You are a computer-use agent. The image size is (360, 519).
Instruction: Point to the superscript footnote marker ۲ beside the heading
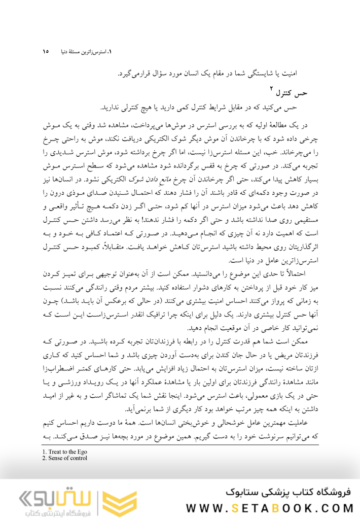pos(272,90)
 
